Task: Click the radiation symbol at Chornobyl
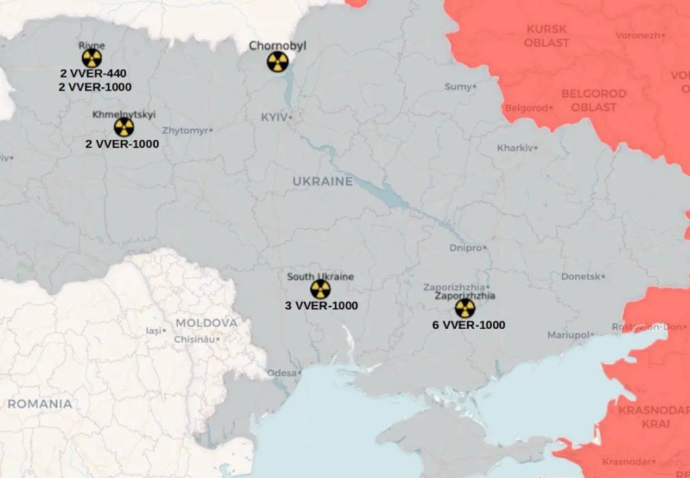pyautogui.click(x=277, y=63)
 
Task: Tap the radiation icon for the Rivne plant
pyautogui.click(x=92, y=58)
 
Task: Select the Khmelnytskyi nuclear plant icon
pyautogui.click(x=123, y=127)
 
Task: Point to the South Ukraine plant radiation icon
pyautogui.click(x=320, y=289)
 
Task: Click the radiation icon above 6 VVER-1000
pyautogui.click(x=465, y=308)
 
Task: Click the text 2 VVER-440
pyautogui.click(x=93, y=74)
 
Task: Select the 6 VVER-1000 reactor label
pyautogui.click(x=469, y=325)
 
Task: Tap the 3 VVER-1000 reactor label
pyautogui.click(x=321, y=306)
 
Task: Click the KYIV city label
pyautogui.click(x=275, y=118)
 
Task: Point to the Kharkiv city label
pyautogui.click(x=516, y=148)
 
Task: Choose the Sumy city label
pyautogui.click(x=458, y=86)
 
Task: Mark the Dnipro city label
pyautogui.click(x=466, y=248)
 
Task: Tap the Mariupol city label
pyautogui.click(x=568, y=335)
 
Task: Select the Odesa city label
pyautogui.click(x=281, y=373)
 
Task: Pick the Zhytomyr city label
pyautogui.click(x=185, y=130)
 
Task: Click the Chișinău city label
pyautogui.click(x=194, y=339)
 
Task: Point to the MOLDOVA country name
pyautogui.click(x=206, y=323)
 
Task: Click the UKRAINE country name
pyautogui.click(x=323, y=181)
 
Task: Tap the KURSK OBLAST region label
pyautogui.click(x=546, y=35)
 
